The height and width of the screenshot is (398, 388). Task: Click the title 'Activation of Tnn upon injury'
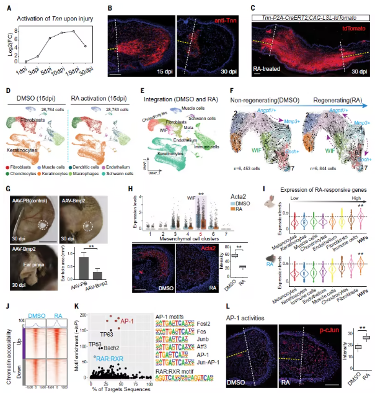pyautogui.click(x=56, y=19)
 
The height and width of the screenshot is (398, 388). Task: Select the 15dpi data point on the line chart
pyautogui.click(x=74, y=32)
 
